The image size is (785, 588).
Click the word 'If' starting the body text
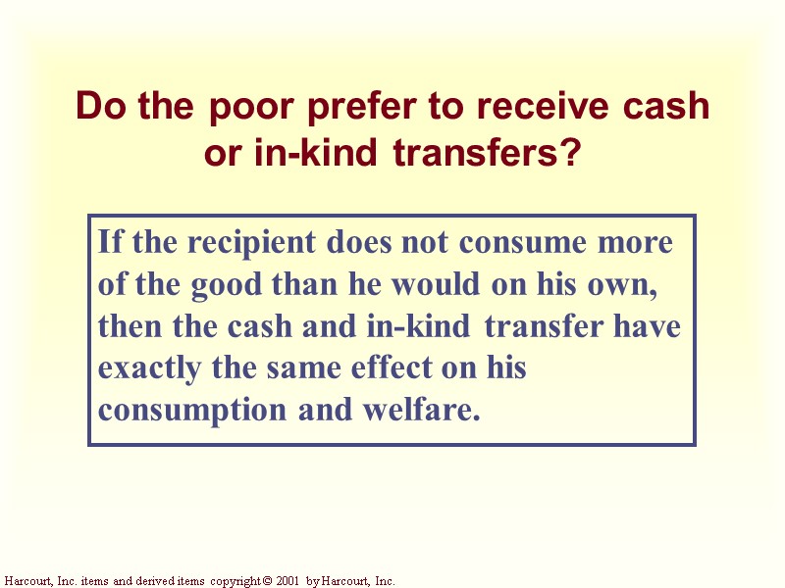point(110,241)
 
